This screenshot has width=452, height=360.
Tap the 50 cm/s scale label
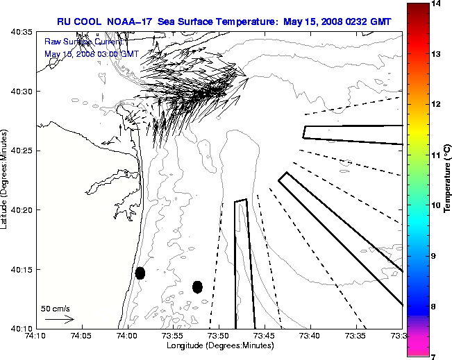pyautogui.click(x=56, y=309)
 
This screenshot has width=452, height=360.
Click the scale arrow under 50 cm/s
pyautogui.click(x=59, y=319)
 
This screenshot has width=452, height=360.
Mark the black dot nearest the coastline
pyautogui.click(x=140, y=273)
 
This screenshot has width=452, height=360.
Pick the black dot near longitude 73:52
pyautogui.click(x=197, y=286)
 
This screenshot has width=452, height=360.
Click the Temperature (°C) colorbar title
pyautogui.click(x=449, y=180)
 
